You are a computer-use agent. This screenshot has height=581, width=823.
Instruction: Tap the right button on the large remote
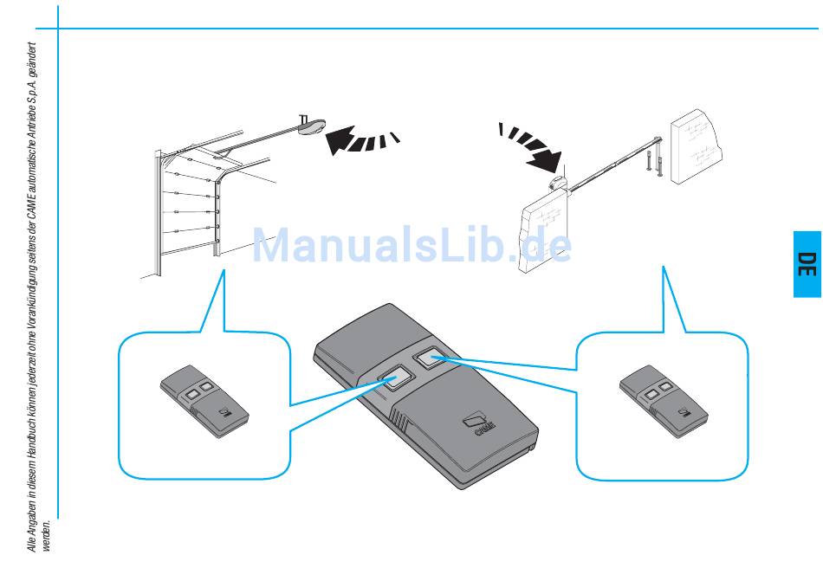(430, 356)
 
